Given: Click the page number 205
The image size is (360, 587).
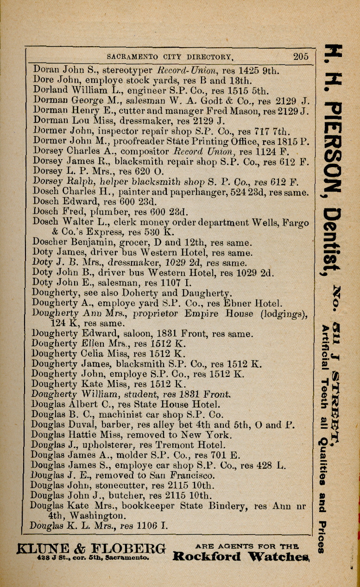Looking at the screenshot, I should (x=301, y=56).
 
